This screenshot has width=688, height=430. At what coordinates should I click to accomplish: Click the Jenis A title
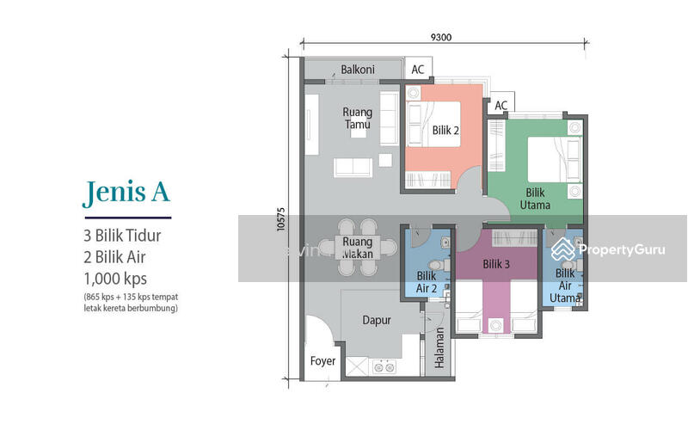126,193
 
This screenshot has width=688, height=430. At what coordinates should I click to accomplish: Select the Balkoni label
356,69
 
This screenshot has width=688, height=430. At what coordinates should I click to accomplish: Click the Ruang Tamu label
356,118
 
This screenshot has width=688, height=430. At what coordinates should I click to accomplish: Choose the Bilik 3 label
496,265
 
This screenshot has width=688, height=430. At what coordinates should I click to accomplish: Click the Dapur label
376,320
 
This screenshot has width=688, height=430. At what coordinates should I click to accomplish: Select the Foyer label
322,361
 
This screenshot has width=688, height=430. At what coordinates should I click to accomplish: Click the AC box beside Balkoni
418,70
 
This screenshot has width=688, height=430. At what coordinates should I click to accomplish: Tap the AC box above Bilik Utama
501,106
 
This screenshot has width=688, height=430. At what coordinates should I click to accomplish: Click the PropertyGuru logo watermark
608,249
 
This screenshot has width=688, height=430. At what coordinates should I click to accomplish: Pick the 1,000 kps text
115,278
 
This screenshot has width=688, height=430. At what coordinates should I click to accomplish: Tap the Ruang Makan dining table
356,248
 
